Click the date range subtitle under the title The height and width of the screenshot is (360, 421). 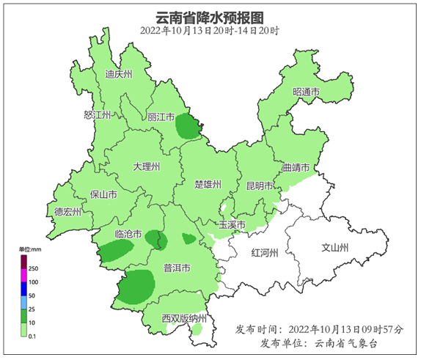(210, 31)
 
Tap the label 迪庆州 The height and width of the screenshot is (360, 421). (118, 74)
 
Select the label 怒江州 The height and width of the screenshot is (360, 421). (97, 116)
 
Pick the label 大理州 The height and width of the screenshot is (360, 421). (146, 167)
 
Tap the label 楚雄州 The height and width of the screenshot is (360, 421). (208, 183)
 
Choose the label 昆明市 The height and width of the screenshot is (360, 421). (259, 184)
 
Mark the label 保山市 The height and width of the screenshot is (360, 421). (103, 194)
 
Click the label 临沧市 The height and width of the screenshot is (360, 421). (129, 234)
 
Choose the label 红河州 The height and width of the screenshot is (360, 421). (265, 253)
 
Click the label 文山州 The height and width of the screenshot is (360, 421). (336, 247)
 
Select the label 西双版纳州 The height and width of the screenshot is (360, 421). (184, 318)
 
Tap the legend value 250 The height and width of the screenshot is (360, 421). (33, 269)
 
